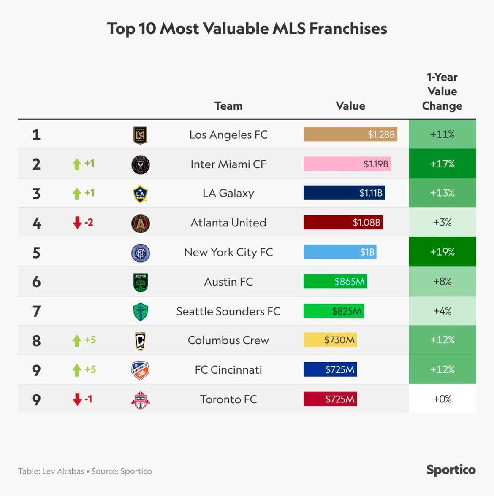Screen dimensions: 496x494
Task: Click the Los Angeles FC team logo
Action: click(140, 135)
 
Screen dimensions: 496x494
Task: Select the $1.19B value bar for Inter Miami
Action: click(347, 164)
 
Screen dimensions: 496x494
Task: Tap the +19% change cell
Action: click(442, 252)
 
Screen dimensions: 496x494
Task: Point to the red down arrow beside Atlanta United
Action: click(77, 222)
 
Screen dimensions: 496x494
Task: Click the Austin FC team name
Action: click(228, 282)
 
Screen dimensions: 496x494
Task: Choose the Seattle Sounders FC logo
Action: click(140, 312)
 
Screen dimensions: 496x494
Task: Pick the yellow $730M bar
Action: click(330, 340)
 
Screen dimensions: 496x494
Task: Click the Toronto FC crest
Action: click(140, 400)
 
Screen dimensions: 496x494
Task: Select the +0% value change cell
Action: click(442, 399)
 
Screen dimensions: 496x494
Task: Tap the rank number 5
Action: click(36, 253)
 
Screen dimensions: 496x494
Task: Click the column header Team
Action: click(228, 106)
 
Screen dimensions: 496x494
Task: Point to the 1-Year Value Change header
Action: click(442, 92)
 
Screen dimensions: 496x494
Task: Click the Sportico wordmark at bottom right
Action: click(451, 470)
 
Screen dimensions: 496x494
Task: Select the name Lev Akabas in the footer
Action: click(63, 471)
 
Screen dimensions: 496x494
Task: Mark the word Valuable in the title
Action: click(236, 29)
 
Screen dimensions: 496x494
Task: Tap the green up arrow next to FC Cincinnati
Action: click(77, 370)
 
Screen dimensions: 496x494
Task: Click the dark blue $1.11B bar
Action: click(344, 193)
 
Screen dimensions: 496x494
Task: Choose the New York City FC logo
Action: click(140, 253)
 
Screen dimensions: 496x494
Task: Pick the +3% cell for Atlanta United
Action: click(442, 222)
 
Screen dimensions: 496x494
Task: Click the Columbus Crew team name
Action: click(228, 340)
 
